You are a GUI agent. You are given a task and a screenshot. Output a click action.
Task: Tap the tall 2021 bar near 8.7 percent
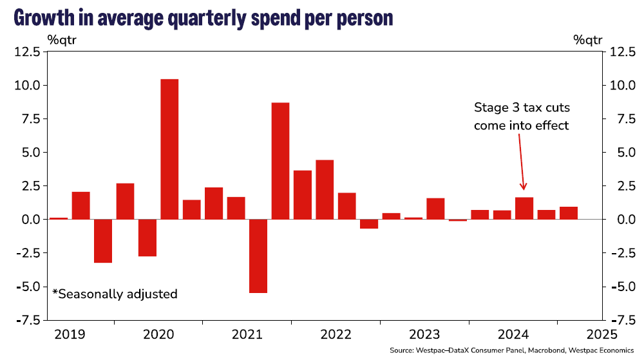click(x=280, y=161)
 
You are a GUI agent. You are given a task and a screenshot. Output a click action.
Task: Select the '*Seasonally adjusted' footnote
click(x=115, y=294)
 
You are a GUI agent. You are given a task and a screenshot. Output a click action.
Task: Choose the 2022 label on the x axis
click(x=335, y=334)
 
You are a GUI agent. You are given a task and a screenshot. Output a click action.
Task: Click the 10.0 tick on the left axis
click(x=26, y=86)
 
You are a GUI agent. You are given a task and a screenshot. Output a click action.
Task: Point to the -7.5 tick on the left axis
click(x=26, y=320)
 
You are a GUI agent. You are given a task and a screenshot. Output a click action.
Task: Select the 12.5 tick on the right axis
click(x=623, y=52)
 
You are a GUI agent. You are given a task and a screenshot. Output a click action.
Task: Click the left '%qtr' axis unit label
click(x=62, y=39)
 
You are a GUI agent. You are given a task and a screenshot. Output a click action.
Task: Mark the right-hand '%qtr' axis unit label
click(x=587, y=39)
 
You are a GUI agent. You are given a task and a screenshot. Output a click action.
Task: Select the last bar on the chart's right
click(x=569, y=213)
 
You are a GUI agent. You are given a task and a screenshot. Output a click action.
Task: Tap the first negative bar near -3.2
click(x=103, y=241)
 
